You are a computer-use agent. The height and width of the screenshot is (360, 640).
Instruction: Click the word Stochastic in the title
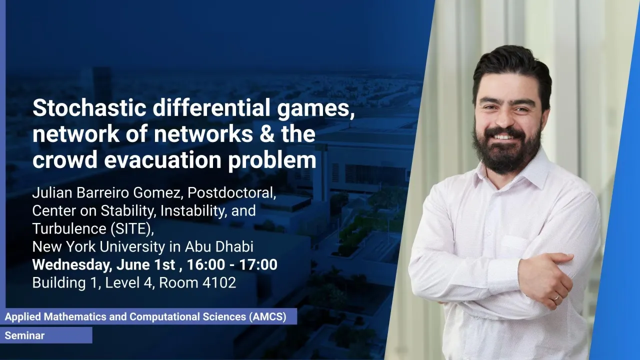89,108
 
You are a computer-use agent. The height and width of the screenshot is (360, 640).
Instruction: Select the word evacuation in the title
162,159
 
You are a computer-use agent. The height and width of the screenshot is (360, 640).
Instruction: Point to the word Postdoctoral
231,193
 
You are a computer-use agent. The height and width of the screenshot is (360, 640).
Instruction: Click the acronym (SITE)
132,229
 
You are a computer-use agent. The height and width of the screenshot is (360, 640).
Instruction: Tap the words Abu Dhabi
219,246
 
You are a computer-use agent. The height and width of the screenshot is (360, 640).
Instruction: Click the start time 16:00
205,264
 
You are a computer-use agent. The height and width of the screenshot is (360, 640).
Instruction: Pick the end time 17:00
258,264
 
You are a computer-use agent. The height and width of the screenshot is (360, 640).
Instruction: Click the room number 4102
219,282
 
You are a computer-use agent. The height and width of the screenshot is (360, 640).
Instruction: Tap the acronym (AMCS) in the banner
267,316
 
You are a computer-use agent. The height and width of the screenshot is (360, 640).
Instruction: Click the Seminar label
24,335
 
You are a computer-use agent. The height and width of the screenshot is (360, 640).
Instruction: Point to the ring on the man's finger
556,297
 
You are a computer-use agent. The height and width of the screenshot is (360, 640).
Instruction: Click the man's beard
506,151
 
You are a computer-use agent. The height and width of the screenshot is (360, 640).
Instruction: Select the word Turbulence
69,229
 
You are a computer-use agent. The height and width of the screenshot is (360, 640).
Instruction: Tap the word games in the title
315,109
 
